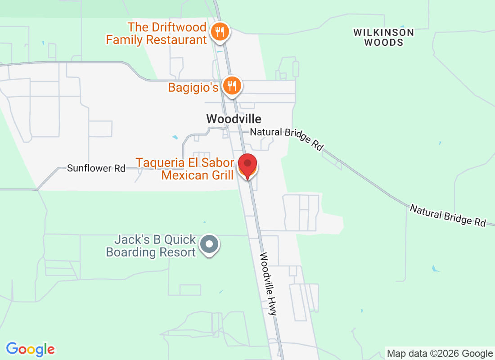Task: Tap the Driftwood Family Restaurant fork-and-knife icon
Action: tap(220, 32)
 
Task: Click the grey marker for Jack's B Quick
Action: tap(209, 244)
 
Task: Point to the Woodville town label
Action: tap(234, 119)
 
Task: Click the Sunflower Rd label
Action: tap(96, 168)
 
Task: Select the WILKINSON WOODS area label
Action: tap(383, 37)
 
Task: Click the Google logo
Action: tap(31, 349)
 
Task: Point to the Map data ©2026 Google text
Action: tap(440, 353)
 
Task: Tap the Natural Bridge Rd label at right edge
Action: tap(448, 215)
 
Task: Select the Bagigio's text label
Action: tap(193, 87)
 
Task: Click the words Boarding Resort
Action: tap(151, 252)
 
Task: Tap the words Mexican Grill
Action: tap(197, 175)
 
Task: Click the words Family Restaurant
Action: tap(156, 40)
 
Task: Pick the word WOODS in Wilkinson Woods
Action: tap(383, 43)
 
